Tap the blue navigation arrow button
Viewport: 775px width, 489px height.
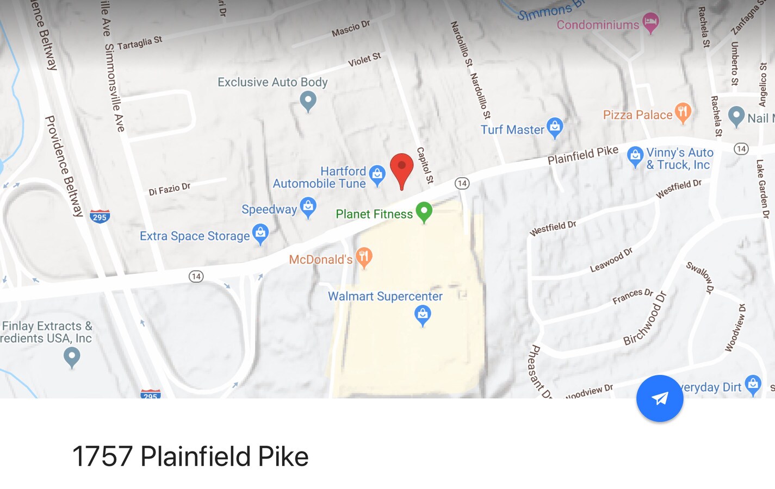(x=660, y=398)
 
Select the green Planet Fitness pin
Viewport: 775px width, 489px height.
(x=424, y=211)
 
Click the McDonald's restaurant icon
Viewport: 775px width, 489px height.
(x=364, y=256)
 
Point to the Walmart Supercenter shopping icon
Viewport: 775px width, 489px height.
(x=423, y=314)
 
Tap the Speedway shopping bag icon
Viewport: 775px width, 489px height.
(x=308, y=206)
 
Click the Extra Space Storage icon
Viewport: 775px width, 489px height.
(x=261, y=233)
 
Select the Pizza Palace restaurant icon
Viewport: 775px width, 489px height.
(x=683, y=112)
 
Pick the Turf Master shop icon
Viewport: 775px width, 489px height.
(x=555, y=127)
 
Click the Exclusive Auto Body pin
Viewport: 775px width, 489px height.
(x=308, y=100)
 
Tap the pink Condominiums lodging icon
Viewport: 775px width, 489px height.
(x=650, y=22)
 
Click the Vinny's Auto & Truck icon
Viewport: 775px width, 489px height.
(x=635, y=156)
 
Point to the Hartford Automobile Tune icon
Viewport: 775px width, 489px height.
(x=377, y=174)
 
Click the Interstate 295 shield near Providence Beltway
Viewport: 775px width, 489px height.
(x=100, y=216)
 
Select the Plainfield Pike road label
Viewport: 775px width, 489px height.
(x=582, y=154)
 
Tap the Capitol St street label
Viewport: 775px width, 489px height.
(x=424, y=165)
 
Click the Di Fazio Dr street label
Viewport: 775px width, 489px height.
(x=169, y=189)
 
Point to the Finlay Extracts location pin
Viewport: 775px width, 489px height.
(x=72, y=357)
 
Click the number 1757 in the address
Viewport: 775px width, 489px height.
(x=102, y=456)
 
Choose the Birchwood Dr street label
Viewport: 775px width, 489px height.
(x=645, y=318)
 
